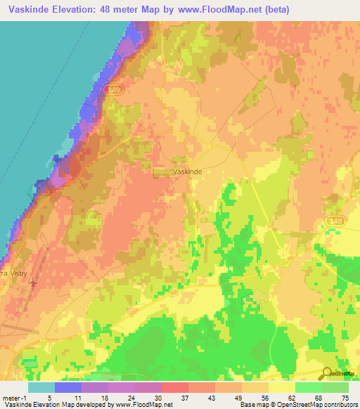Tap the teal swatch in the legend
[x=41, y=387]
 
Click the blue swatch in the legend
[x=68, y=387]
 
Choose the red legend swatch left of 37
[x=174, y=387]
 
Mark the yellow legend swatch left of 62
[x=281, y=387]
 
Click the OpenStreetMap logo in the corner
[x=340, y=372]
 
